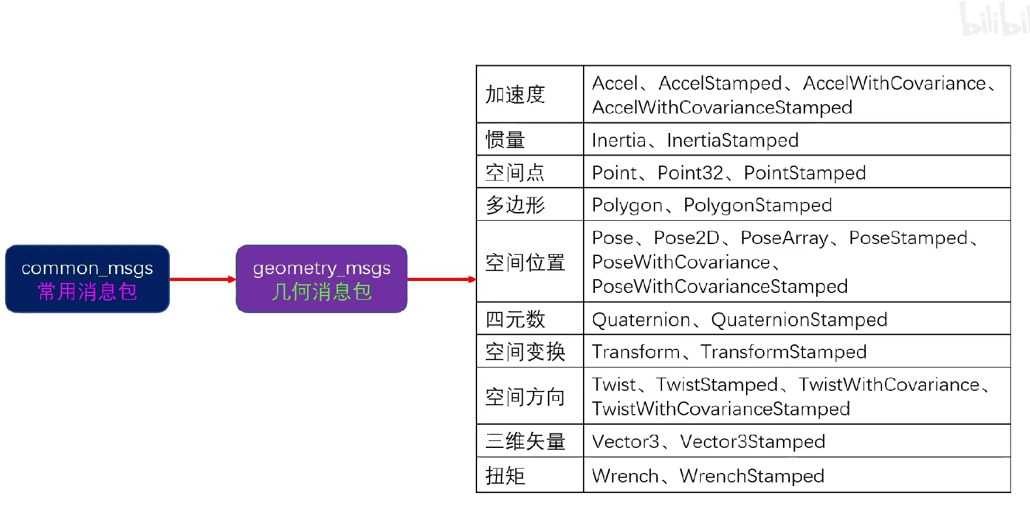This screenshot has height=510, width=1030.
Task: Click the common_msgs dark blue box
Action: pyautogui.click(x=87, y=279)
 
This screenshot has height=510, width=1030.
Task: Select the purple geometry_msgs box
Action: pyautogui.click(x=321, y=279)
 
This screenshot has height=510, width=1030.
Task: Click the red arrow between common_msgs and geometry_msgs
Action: pyautogui.click(x=202, y=279)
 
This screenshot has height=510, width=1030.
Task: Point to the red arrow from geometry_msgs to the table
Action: pyautogui.click(x=441, y=279)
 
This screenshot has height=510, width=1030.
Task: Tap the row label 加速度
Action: pyautogui.click(x=515, y=95)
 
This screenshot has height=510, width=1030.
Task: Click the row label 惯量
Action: pyautogui.click(x=505, y=140)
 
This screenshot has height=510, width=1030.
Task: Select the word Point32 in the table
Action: pyautogui.click(x=690, y=173)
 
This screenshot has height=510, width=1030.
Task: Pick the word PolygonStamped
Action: pyautogui.click(x=757, y=205)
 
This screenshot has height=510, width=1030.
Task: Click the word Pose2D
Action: pyautogui.click(x=686, y=238)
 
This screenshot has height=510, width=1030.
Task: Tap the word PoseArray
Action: pyautogui.click(x=784, y=238)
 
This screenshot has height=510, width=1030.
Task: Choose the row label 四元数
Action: pyautogui.click(x=515, y=319)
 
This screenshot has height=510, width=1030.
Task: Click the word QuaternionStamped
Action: pyautogui.click(x=799, y=320)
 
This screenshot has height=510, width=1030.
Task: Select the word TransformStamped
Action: pyautogui.click(x=783, y=352)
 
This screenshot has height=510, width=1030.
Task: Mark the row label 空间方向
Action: pyautogui.click(x=525, y=397)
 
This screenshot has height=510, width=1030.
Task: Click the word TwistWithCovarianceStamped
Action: pyautogui.click(x=721, y=409)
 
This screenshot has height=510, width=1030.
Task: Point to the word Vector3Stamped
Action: pyautogui.click(x=752, y=442)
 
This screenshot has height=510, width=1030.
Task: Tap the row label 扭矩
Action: pyautogui.click(x=505, y=475)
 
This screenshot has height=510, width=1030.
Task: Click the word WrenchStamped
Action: pyautogui.click(x=752, y=476)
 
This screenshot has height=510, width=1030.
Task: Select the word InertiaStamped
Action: pyautogui.click(x=732, y=141)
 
